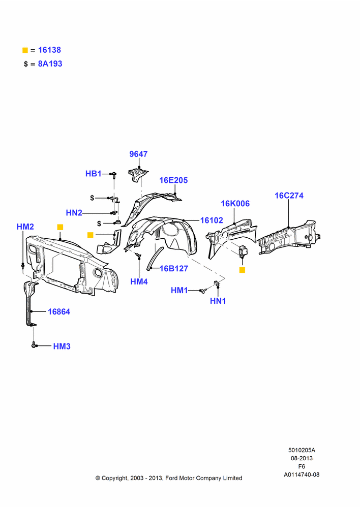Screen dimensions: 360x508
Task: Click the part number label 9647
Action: pos(138,154)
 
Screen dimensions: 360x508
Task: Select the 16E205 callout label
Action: pos(173,180)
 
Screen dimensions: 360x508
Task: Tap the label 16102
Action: pos(212,220)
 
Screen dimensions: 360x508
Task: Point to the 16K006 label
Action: pos(235,204)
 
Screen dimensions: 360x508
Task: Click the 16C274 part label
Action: pos(289,196)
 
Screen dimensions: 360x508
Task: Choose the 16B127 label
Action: pos(174,269)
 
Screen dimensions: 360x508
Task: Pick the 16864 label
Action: pos(59,312)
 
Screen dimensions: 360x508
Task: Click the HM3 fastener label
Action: pos(62,346)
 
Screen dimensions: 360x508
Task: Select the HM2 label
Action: pos(25,227)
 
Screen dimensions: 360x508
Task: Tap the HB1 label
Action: pos(94,174)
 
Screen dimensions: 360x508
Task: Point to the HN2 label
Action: pos(74,213)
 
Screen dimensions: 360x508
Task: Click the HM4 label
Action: pos(139,282)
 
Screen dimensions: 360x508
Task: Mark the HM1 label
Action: pos(179,290)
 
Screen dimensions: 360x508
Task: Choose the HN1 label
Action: pos(218,301)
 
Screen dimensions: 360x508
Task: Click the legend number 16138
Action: pos(49,50)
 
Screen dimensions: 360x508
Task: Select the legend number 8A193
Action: pos(50,64)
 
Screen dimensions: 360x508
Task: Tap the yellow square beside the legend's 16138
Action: pos(25,50)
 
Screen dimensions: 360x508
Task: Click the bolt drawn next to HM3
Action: pos(34,345)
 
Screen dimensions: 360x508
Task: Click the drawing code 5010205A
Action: pos(302,450)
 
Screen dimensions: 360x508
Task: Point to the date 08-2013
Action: pos(302,458)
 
